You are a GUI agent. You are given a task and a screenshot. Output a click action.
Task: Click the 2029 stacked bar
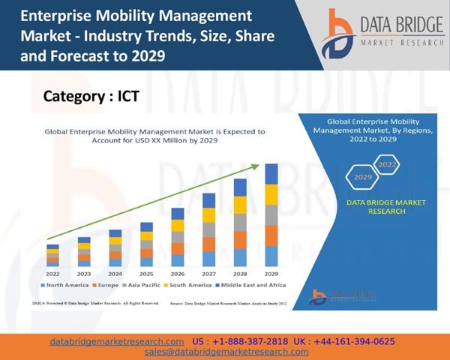(271, 215)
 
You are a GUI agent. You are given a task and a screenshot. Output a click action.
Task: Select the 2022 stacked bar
(52, 256)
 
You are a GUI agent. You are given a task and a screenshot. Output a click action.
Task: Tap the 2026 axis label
(178, 274)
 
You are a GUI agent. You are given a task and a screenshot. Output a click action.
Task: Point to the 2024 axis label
(115, 274)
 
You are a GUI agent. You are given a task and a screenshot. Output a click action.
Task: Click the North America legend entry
(65, 286)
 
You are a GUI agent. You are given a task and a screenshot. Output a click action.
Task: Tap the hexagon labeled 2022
(387, 163)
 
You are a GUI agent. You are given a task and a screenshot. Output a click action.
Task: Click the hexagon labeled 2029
(363, 178)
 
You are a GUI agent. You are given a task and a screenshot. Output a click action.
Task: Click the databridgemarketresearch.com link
(117, 341)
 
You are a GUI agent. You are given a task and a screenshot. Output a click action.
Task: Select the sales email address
(226, 352)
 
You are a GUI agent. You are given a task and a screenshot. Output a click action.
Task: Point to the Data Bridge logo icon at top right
(337, 34)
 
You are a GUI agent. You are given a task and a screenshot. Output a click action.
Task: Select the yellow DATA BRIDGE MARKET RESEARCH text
(376, 207)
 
